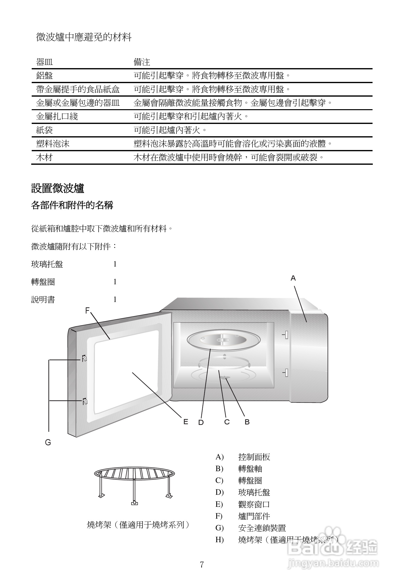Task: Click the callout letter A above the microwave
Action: (x=293, y=278)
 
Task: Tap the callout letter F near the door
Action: (x=87, y=310)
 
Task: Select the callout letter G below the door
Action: (x=48, y=442)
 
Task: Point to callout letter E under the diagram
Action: (x=186, y=422)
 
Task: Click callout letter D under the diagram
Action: (x=201, y=422)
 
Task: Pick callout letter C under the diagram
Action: (x=227, y=422)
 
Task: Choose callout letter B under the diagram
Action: (x=247, y=422)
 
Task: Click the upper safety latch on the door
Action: (x=84, y=358)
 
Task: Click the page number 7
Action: (x=202, y=565)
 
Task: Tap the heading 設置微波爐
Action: (x=58, y=188)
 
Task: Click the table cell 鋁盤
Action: (x=44, y=75)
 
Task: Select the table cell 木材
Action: (x=44, y=158)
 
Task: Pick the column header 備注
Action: (x=142, y=62)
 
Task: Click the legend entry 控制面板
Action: (x=254, y=457)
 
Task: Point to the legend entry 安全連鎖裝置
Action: (x=262, y=528)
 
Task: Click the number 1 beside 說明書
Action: (x=115, y=300)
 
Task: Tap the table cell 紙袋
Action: (x=44, y=130)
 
